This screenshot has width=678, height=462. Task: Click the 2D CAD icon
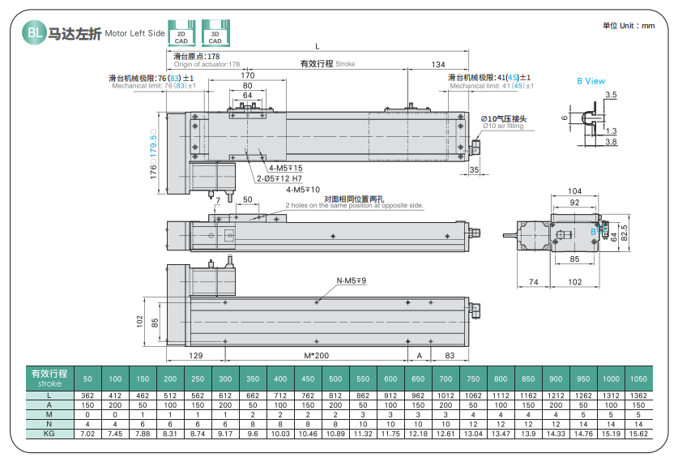click(x=181, y=33)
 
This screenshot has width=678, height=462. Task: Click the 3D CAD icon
click(x=215, y=33)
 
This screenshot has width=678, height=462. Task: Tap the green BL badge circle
click(x=34, y=32)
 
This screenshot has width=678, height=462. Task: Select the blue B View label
click(x=591, y=81)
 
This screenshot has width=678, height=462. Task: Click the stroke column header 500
click(x=335, y=379)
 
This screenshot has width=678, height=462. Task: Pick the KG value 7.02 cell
click(x=87, y=434)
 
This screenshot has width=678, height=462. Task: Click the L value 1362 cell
click(x=638, y=396)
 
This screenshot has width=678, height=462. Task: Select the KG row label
click(x=49, y=434)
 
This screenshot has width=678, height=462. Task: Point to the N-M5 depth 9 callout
click(x=351, y=280)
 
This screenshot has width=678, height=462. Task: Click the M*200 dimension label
click(x=316, y=356)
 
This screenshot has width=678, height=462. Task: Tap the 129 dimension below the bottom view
click(x=195, y=356)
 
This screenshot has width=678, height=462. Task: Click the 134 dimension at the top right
click(x=438, y=65)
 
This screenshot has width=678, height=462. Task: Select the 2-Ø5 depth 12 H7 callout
click(x=279, y=178)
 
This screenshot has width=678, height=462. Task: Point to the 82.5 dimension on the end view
click(x=624, y=233)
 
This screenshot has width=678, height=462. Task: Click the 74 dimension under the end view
click(x=534, y=282)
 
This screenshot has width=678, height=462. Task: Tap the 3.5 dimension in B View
click(x=611, y=95)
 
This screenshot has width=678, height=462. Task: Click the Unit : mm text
click(x=629, y=25)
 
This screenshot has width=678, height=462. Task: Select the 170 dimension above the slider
click(x=248, y=75)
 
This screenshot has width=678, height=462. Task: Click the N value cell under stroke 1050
click(x=638, y=424)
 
